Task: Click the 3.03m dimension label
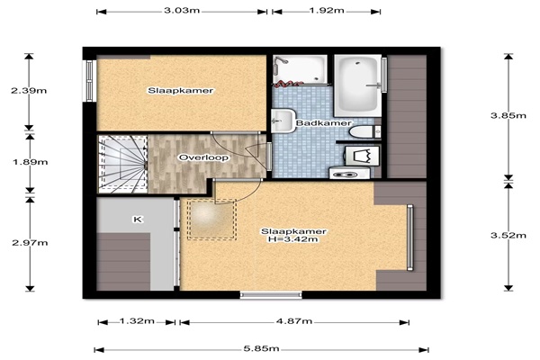[182, 10]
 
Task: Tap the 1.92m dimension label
[327, 10]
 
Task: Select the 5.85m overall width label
[261, 348]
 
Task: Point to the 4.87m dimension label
[294, 321]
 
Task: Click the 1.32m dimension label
[137, 321]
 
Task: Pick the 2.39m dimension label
[29, 91]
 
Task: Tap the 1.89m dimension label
[31, 162]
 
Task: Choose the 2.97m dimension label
[30, 243]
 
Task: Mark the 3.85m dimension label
[508, 115]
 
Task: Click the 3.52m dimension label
[508, 236]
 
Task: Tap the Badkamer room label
[324, 123]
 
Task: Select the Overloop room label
[203, 157]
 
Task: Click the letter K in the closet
[138, 220]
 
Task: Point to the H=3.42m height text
[293, 239]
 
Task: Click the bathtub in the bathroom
[358, 85]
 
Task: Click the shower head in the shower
[282, 60]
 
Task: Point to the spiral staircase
[123, 164]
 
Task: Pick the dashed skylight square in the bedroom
[211, 220]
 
